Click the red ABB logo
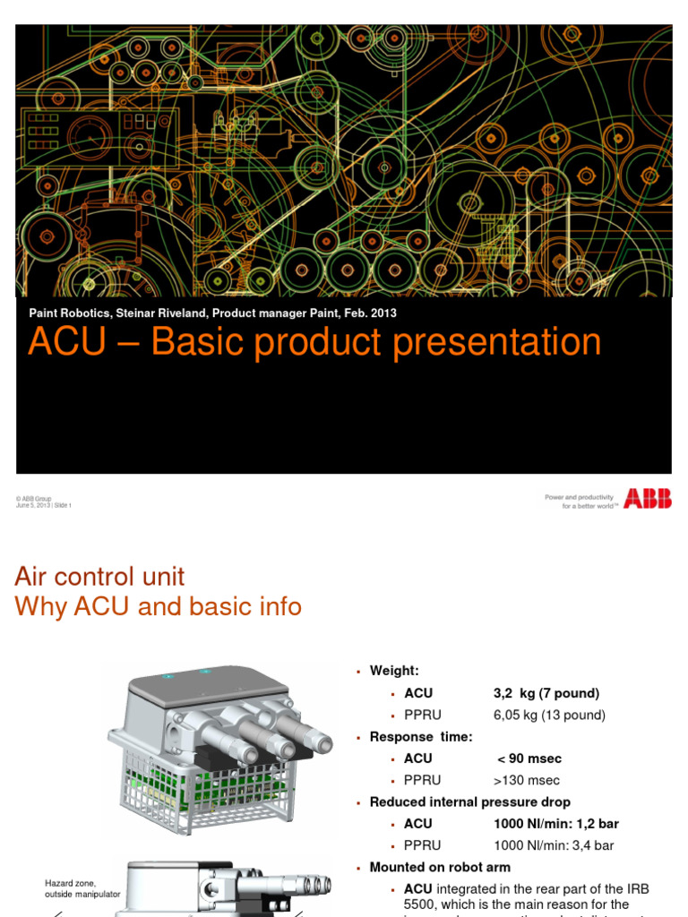(x=648, y=499)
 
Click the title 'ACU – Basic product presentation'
(x=314, y=342)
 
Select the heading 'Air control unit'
(x=99, y=576)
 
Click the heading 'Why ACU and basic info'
(x=158, y=607)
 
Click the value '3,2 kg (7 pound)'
(x=546, y=693)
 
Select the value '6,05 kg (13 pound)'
(x=549, y=715)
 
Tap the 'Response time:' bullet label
(x=421, y=736)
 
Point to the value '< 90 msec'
(x=529, y=758)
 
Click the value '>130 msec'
(x=527, y=780)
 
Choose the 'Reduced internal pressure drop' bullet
(x=469, y=801)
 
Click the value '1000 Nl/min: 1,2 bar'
(x=555, y=823)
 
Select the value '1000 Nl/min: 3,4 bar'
(x=554, y=845)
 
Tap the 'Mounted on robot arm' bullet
(x=440, y=867)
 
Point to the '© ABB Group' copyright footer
(x=33, y=498)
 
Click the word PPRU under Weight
(x=423, y=715)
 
